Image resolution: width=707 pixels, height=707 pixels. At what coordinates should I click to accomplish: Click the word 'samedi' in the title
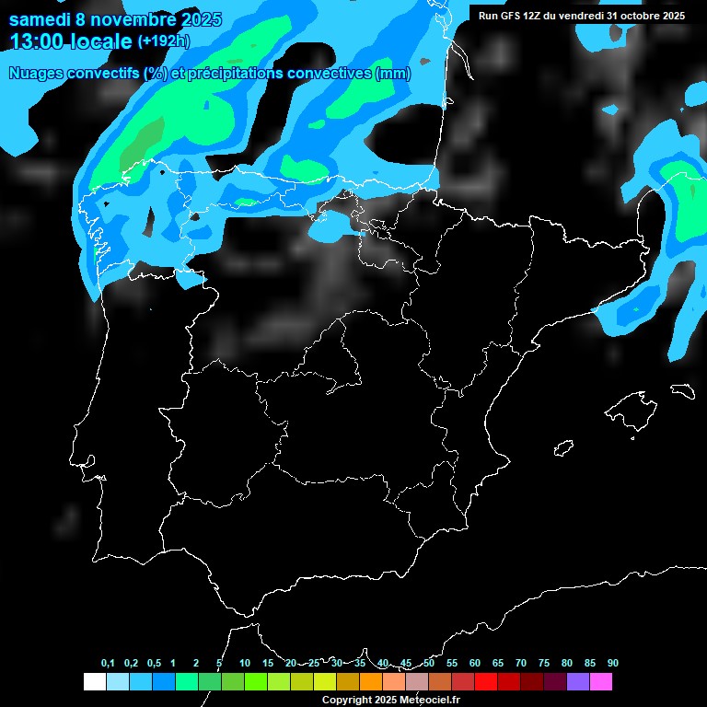(x=41, y=19)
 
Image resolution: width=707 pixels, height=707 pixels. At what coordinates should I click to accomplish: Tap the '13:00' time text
(x=36, y=41)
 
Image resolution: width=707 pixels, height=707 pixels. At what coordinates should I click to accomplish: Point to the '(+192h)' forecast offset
(x=163, y=41)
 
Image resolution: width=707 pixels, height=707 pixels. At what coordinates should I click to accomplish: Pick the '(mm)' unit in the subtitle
(x=393, y=74)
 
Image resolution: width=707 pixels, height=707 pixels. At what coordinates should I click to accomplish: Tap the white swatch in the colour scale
(x=94, y=682)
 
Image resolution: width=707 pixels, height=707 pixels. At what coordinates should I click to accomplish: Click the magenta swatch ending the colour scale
(x=601, y=682)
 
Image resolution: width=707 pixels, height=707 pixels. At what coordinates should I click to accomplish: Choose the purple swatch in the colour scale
(x=578, y=682)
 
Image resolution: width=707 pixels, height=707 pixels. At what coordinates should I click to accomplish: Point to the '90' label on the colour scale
(x=612, y=663)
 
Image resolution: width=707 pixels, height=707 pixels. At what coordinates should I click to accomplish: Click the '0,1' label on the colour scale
(x=108, y=663)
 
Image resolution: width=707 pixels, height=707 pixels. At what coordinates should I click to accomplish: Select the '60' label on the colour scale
(x=474, y=663)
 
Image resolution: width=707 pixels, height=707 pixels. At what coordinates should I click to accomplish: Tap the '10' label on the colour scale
(x=244, y=663)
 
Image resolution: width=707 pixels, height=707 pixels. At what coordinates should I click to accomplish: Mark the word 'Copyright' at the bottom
(x=346, y=701)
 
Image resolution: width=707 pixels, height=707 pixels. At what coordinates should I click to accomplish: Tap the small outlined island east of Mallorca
(x=682, y=390)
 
